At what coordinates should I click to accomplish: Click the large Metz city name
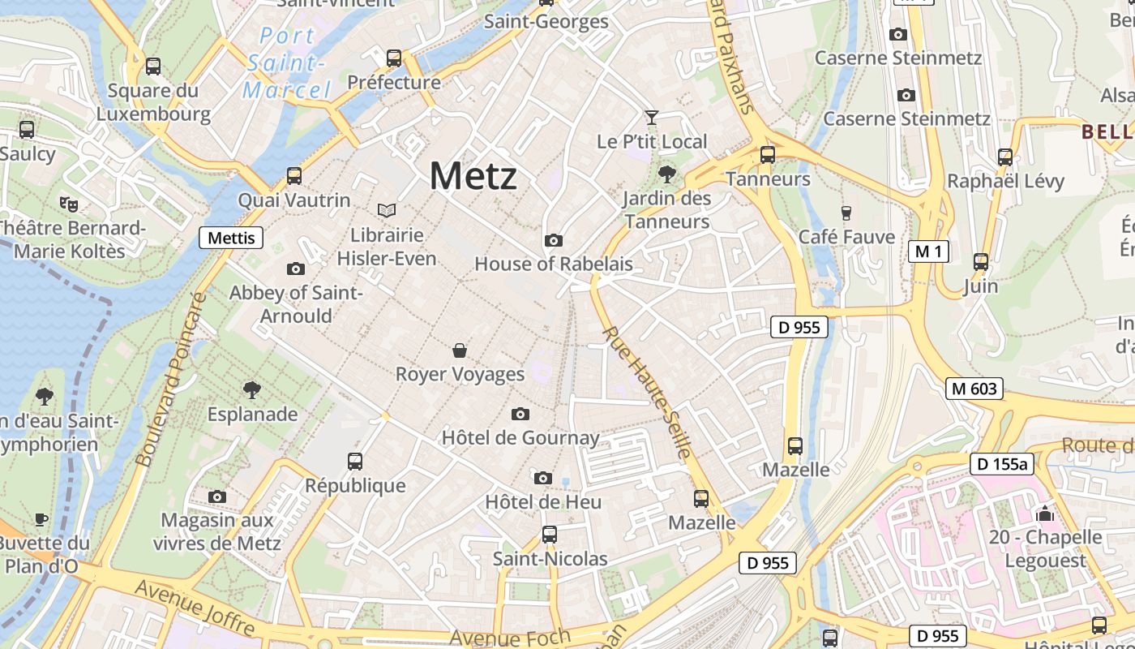[x=473, y=176]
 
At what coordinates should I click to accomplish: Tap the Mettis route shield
[x=231, y=238]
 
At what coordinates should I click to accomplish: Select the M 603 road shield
[x=974, y=389]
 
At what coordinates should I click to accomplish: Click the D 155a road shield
[x=1002, y=464]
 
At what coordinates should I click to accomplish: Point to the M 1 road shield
[x=928, y=251]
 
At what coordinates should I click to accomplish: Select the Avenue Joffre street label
[x=195, y=608]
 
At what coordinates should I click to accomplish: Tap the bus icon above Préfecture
[x=394, y=58]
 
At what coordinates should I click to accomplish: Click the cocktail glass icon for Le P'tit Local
[x=651, y=118]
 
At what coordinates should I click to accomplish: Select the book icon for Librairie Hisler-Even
[x=387, y=211]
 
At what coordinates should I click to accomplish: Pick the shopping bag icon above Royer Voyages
[x=460, y=350]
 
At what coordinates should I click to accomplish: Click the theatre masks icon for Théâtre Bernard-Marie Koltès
[x=68, y=203]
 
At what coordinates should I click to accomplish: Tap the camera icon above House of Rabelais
[x=554, y=240]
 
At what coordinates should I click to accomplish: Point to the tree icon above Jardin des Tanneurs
[x=667, y=174]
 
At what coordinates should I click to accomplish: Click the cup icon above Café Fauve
[x=846, y=213]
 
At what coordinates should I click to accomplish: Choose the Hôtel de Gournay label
[x=520, y=438]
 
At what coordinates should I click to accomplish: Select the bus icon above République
[x=355, y=462]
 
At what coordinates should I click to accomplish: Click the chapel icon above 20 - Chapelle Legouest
[x=1045, y=513]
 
